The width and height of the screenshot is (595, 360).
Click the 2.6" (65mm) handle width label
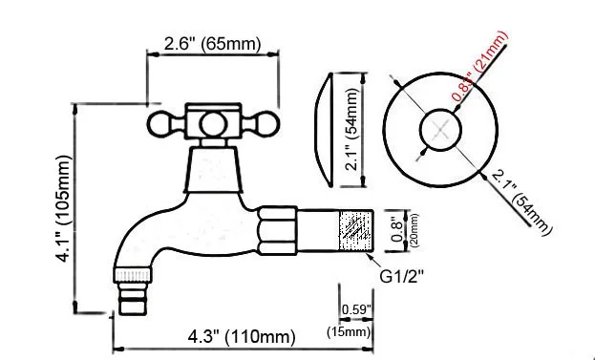pyautogui.click(x=212, y=44)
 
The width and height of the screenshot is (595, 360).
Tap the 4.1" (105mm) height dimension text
pyautogui.click(x=62, y=208)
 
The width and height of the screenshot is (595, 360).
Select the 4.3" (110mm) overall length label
pyautogui.click(x=242, y=337)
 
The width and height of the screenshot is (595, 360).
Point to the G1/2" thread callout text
pyautogui.click(x=401, y=277)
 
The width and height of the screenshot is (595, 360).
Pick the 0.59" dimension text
pyautogui.click(x=356, y=309)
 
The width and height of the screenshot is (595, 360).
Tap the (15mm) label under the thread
pyautogui.click(x=349, y=332)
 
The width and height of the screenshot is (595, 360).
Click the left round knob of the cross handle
pyautogui.click(x=159, y=124)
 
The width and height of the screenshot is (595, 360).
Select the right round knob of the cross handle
pyautogui.click(x=267, y=124)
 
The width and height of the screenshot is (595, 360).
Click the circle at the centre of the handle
pyautogui.click(x=214, y=124)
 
